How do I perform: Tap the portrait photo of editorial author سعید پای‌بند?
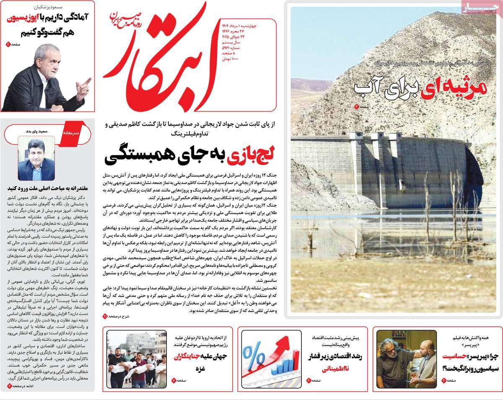[x=36, y=159]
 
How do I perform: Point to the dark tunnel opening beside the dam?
[x=474, y=176]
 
